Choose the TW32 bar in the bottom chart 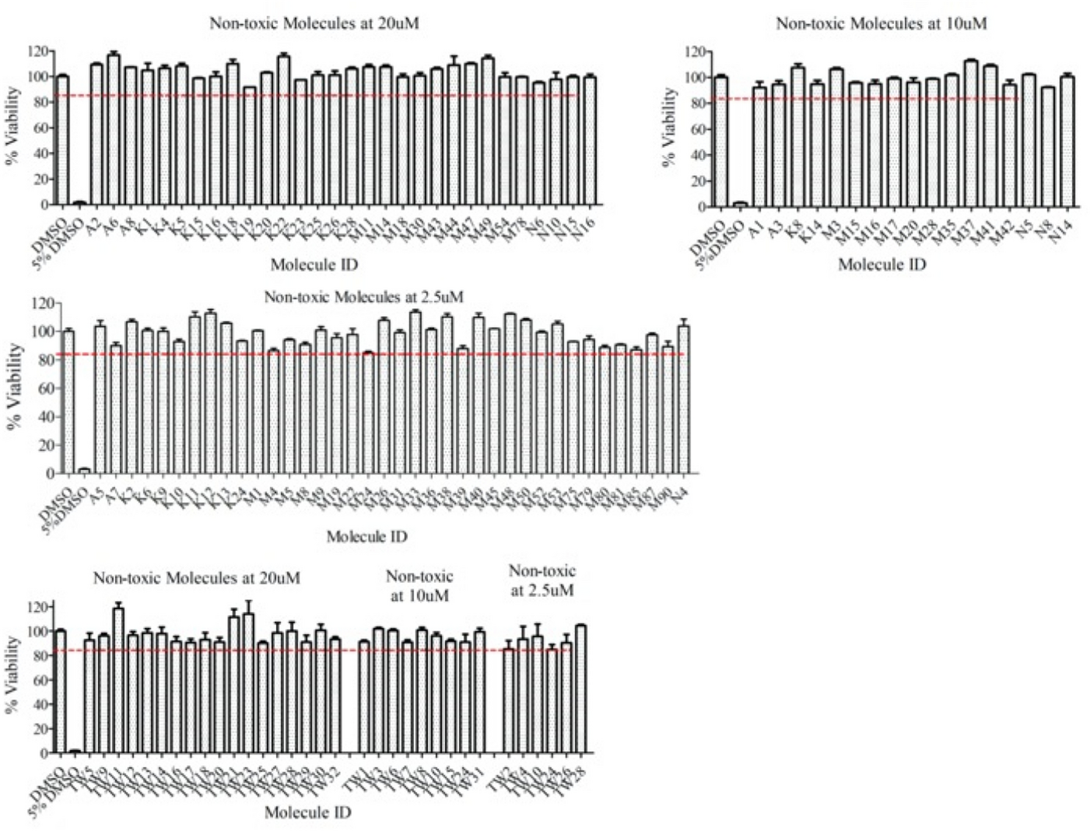(x=335, y=696)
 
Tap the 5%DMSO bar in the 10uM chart (x=741, y=205)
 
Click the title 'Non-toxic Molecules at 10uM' (x=881, y=24)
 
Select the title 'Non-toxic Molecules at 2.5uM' (x=364, y=297)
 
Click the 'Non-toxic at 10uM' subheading (x=419, y=586)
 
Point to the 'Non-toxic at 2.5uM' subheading (x=542, y=580)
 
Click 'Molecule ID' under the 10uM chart (x=881, y=265)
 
